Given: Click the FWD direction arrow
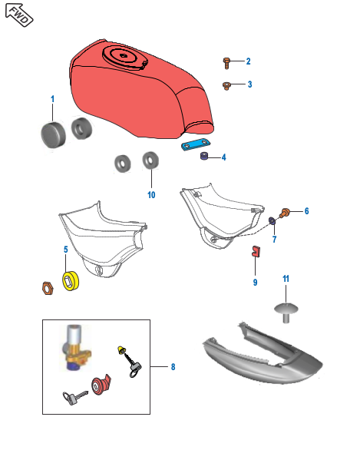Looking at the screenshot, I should click(x=19, y=16).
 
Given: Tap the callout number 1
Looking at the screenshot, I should click(x=53, y=100).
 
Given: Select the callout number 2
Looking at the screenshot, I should click(x=248, y=61).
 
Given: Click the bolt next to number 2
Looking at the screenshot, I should click(x=227, y=61).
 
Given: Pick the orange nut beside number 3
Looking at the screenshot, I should click(x=227, y=84).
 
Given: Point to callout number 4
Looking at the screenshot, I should click(x=224, y=157).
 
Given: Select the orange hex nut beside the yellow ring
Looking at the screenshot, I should click(x=45, y=288).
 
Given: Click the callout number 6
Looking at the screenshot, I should click(x=306, y=210).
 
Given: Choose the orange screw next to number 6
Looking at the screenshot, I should click(x=285, y=212).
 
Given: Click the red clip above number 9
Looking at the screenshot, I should click(x=255, y=250).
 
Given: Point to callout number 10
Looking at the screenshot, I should click(x=151, y=195).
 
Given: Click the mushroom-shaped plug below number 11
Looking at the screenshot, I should click(x=286, y=309).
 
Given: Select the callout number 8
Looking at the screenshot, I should click(x=173, y=367).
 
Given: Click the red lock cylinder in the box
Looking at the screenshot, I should click(x=101, y=385).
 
